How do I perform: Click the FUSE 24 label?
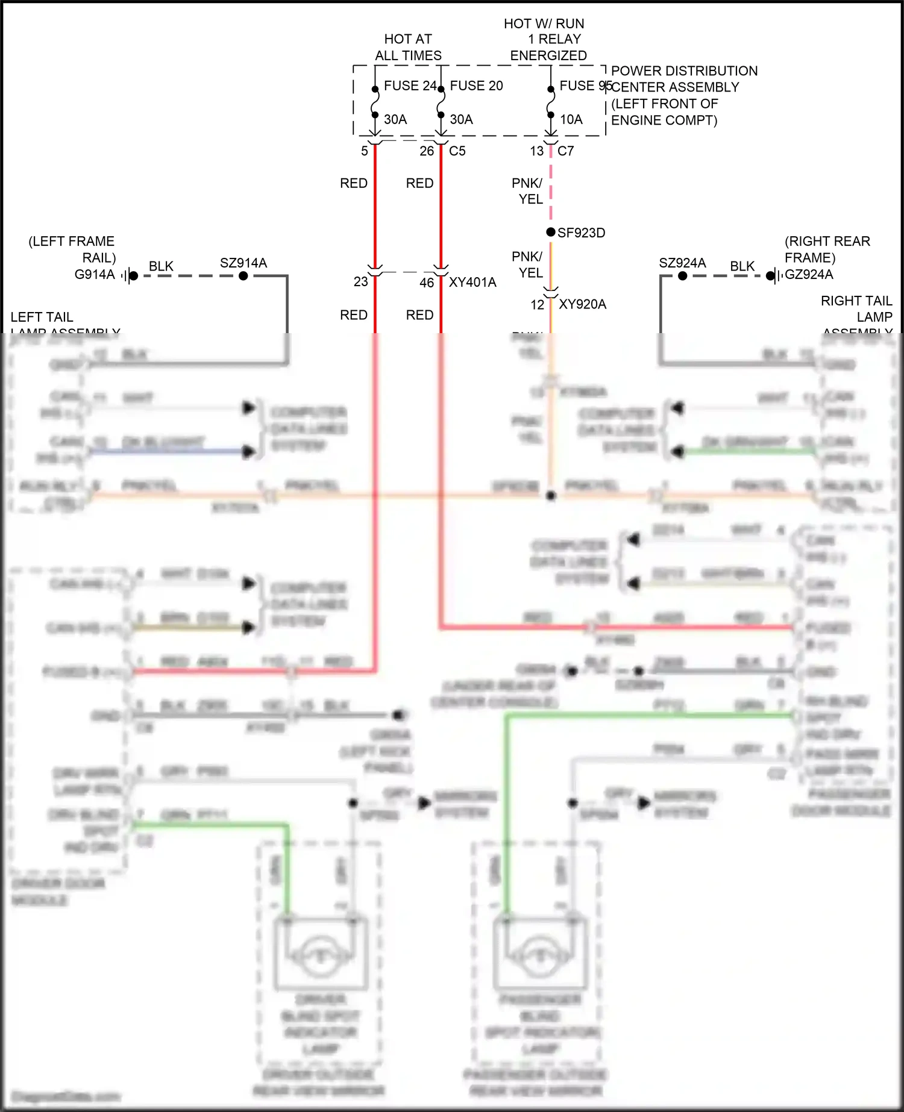click(x=409, y=86)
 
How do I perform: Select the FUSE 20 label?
click(x=476, y=86)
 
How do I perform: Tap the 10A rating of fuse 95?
click(x=571, y=120)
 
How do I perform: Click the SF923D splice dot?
click(x=551, y=232)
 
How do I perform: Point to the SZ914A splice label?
click(x=243, y=263)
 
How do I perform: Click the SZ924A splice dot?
click(x=682, y=276)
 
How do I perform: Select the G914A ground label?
click(x=95, y=275)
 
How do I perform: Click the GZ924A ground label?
click(x=809, y=275)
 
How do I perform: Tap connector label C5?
click(x=457, y=151)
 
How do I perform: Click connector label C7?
click(x=565, y=151)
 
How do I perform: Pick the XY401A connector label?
click(x=472, y=283)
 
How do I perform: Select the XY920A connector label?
click(x=582, y=304)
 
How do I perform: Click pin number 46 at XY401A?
click(x=427, y=283)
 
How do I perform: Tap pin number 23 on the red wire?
click(x=360, y=282)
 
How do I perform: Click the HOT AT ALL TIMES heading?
click(x=408, y=48)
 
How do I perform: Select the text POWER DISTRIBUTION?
click(x=684, y=71)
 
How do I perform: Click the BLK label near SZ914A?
click(x=161, y=266)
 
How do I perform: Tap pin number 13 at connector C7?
click(x=537, y=151)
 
